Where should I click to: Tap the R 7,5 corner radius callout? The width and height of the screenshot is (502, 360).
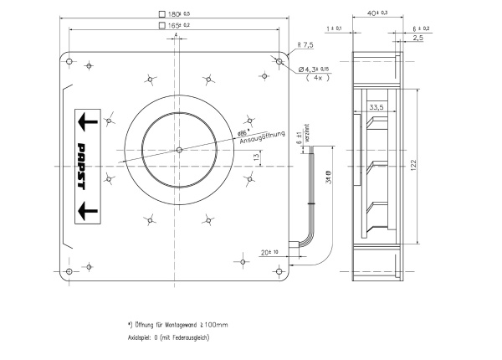[306, 45]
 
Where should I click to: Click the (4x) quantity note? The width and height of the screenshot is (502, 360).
[318, 77]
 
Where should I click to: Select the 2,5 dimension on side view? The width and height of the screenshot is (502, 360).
[417, 38]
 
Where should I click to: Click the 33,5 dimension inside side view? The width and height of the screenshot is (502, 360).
[376, 107]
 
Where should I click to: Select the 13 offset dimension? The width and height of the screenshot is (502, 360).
[256, 157]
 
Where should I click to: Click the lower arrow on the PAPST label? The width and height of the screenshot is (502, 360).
[86, 206]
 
